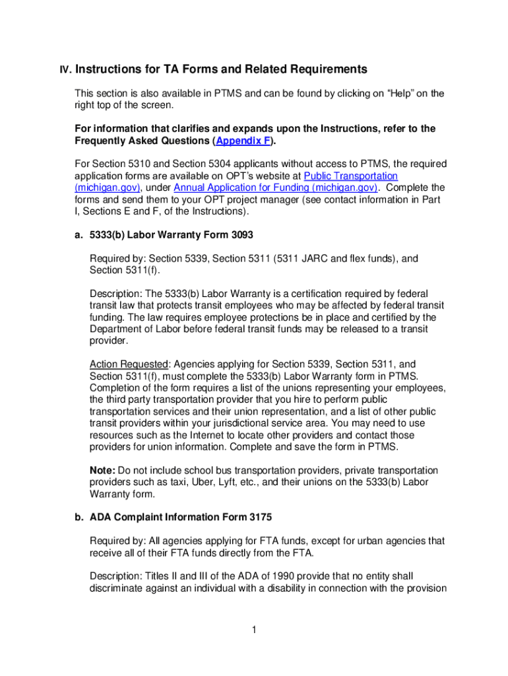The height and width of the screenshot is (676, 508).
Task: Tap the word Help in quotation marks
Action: pyautogui.click(x=395, y=93)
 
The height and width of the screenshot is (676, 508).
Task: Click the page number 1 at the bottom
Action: pyautogui.click(x=253, y=630)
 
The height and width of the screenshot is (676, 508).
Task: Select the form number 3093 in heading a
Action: pyautogui.click(x=239, y=234)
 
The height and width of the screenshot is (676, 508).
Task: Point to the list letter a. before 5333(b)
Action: pyautogui.click(x=78, y=234)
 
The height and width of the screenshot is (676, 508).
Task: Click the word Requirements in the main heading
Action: pyautogui.click(x=317, y=69)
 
